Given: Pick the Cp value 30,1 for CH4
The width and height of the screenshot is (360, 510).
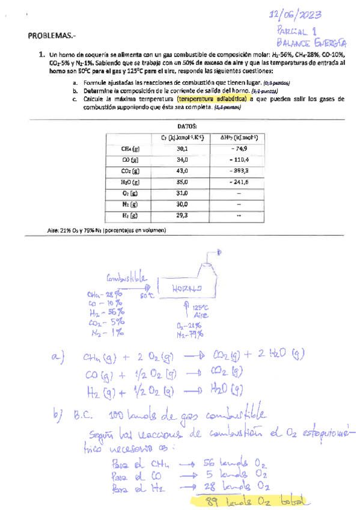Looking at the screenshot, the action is pyautogui.click(x=183, y=149).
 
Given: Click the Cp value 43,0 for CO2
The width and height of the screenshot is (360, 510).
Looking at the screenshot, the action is pyautogui.click(x=183, y=171).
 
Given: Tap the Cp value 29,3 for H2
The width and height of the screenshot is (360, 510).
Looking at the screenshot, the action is pyautogui.click(x=183, y=215).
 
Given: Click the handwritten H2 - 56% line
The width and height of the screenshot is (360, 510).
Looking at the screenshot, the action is pyautogui.click(x=106, y=312).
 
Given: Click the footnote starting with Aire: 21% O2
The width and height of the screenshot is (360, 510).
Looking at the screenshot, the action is pyautogui.click(x=105, y=230).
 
